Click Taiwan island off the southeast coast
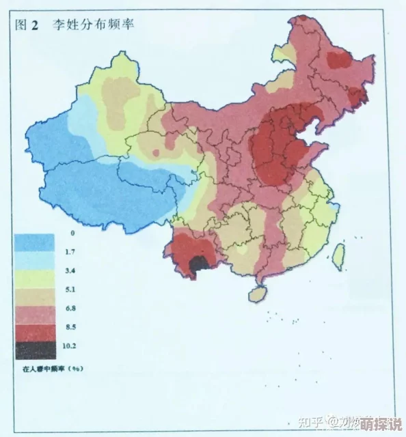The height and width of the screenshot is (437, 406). click(338, 254)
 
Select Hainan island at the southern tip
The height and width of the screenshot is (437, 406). click(257, 294)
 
